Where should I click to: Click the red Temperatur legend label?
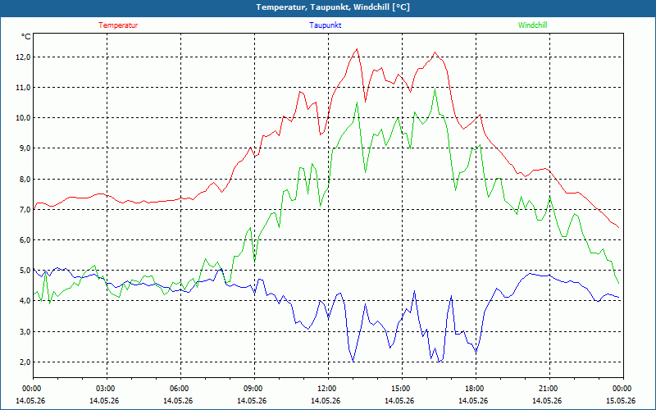(x=118, y=25)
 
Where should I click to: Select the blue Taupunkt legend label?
(x=326, y=25)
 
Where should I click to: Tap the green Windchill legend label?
(x=532, y=25)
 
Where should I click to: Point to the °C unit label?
(x=26, y=37)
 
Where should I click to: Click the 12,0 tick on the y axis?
(x=23, y=57)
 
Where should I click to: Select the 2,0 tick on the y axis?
(x=25, y=362)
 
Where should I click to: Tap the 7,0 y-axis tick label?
(x=25, y=209)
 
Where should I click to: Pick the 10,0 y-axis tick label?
(x=23, y=117)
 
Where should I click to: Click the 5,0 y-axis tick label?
(x=25, y=271)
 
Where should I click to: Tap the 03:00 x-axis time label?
(x=107, y=389)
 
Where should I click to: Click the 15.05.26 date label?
(x=621, y=400)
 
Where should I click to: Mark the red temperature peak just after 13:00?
(x=357, y=49)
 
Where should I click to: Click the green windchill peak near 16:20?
(x=435, y=89)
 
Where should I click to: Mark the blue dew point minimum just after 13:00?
(x=353, y=362)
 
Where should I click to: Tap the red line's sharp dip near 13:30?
(x=365, y=102)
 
